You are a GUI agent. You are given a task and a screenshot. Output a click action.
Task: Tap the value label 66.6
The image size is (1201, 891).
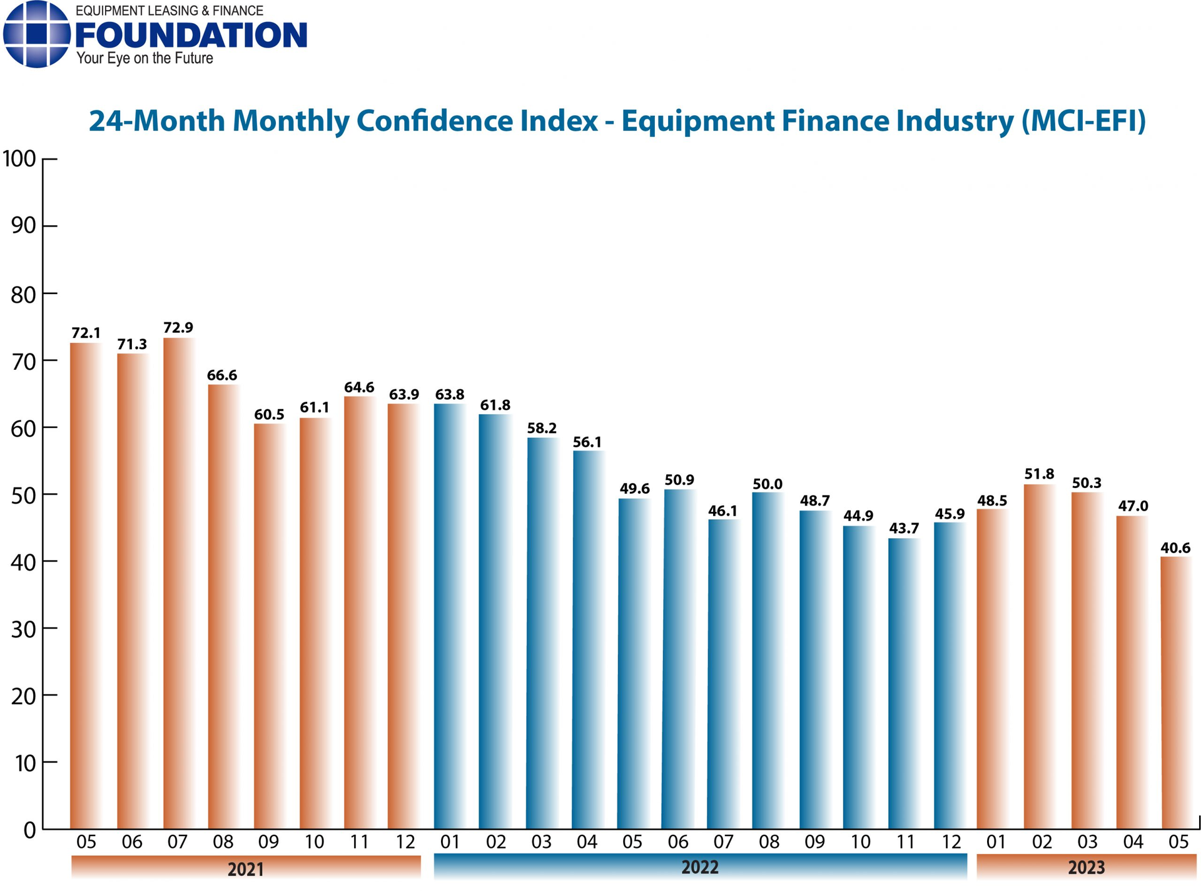[x=222, y=375]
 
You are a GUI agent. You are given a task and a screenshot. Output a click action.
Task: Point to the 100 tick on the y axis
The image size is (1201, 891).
[x=20, y=159]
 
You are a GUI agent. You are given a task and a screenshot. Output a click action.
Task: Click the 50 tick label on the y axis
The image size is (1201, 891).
[x=23, y=495]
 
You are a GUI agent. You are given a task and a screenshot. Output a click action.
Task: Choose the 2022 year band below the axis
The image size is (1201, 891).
[x=699, y=867]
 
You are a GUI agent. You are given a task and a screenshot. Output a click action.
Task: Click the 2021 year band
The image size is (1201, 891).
[x=245, y=868]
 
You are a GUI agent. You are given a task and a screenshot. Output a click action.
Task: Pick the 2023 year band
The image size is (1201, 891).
[x=1086, y=867]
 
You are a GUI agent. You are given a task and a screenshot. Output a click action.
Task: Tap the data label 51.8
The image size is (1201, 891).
[x=1039, y=474]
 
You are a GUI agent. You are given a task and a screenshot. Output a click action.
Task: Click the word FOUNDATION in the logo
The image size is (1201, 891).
[x=191, y=36]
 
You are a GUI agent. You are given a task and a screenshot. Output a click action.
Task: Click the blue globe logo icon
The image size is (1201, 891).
[x=36, y=34]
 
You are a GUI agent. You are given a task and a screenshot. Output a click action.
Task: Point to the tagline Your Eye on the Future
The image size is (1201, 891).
[x=144, y=59]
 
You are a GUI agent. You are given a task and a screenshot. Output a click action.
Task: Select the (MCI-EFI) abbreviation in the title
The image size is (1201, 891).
[x=1083, y=120]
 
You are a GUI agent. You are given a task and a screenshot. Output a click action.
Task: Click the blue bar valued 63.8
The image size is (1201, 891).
[x=450, y=616]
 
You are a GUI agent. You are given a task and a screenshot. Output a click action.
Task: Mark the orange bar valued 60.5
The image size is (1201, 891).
[x=269, y=626]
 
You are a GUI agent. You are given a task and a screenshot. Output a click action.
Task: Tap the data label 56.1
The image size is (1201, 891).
[x=587, y=442]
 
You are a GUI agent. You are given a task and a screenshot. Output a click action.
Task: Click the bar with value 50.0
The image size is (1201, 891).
[x=768, y=660]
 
